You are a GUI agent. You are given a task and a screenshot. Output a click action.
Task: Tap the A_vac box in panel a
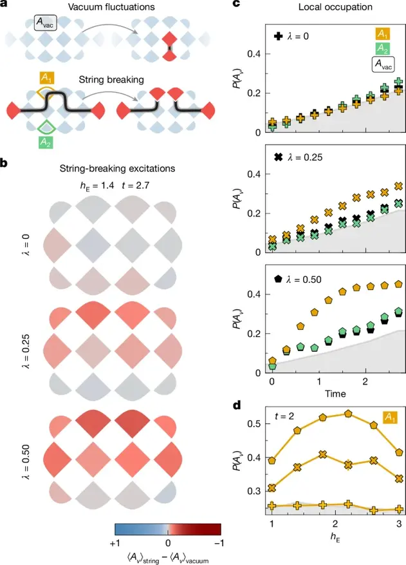[x=46, y=26]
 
